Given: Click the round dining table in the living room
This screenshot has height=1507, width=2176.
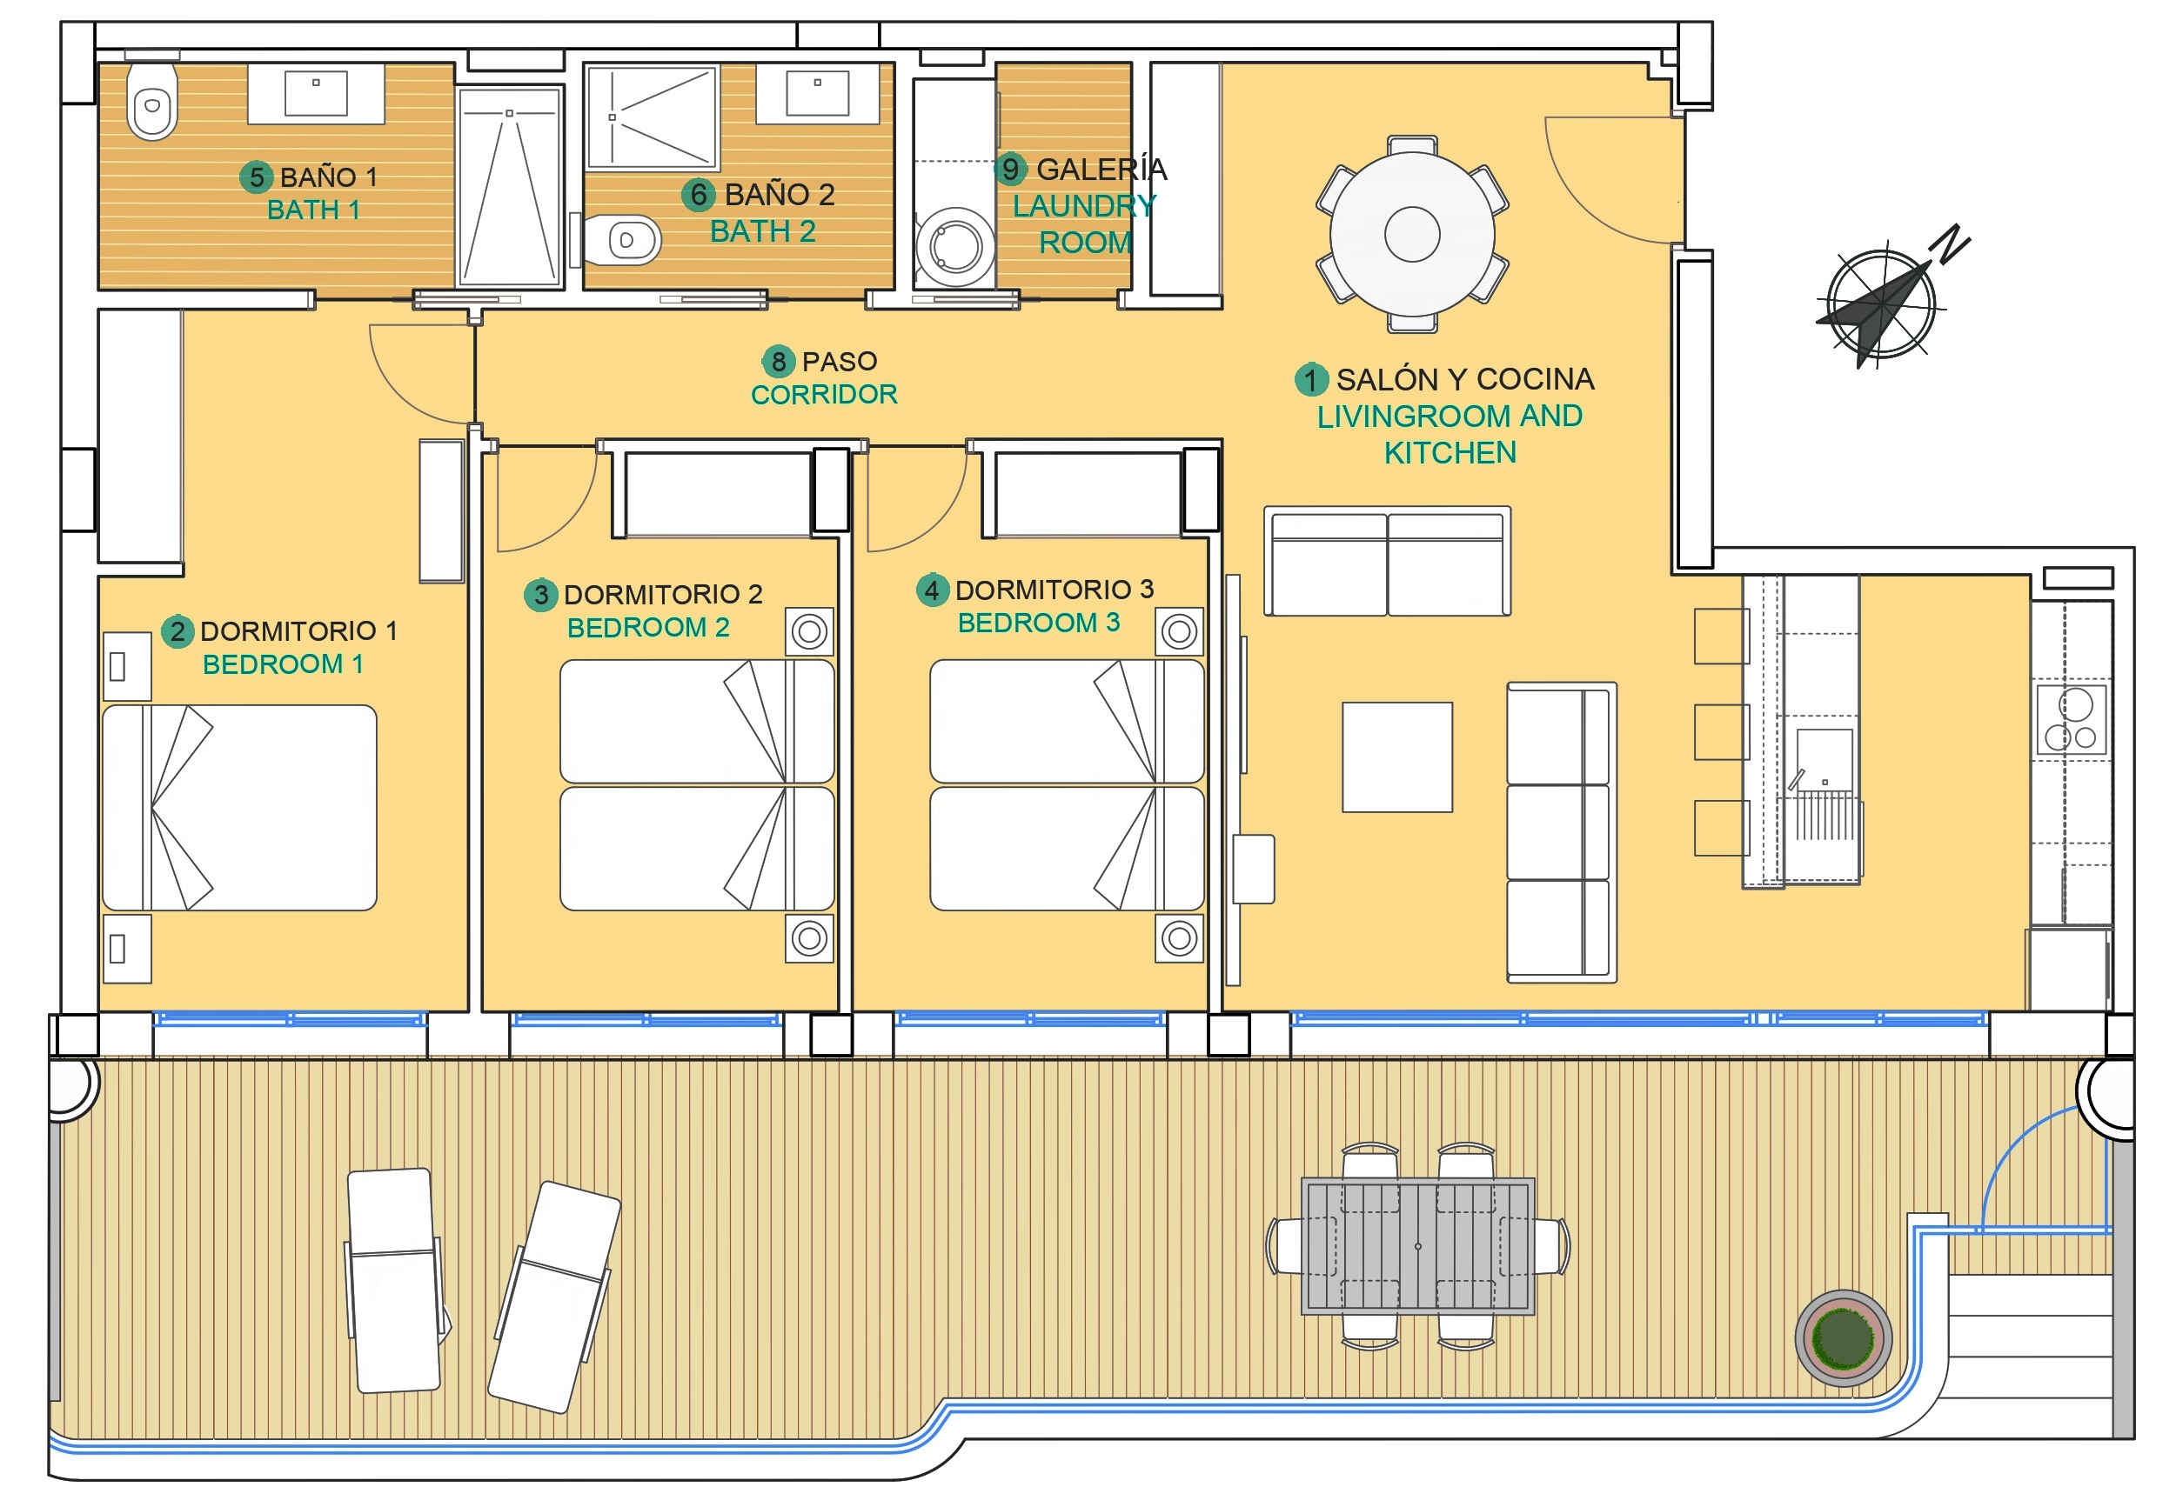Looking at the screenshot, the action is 1411,234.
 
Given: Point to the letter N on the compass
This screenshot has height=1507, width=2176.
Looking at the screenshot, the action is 1952,243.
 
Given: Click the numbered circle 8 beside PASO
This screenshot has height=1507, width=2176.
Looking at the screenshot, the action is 778,361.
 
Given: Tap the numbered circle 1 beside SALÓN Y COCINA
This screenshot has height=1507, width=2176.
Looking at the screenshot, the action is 1310,380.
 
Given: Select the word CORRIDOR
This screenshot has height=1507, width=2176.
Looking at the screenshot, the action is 824,395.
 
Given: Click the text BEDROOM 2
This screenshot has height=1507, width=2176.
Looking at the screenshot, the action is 648,627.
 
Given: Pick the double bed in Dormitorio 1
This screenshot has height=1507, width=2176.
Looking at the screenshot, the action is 239,807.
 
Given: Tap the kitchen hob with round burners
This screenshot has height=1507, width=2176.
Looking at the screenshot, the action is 2072,719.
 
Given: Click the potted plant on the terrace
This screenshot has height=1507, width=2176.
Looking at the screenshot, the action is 1843,1337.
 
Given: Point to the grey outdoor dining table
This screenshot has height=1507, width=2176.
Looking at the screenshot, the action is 1417,1246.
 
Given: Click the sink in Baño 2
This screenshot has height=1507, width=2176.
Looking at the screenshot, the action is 817,92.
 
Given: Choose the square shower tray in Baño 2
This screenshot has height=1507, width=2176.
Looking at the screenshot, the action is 652,117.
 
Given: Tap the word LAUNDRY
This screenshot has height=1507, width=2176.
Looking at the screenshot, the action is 1084,205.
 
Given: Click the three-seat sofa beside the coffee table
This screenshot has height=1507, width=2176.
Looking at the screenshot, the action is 1561,833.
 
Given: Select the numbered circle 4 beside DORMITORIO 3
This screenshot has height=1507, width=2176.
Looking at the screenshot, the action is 932,590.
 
